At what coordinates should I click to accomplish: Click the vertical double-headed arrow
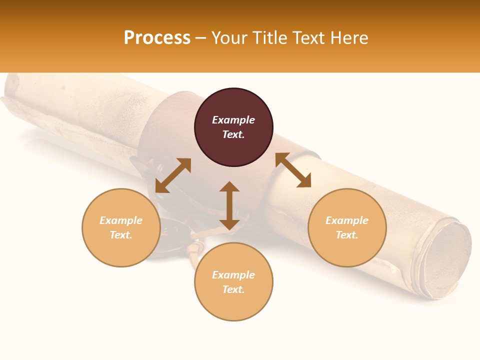[x=229, y=205]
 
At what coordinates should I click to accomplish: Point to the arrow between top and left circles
[x=173, y=175]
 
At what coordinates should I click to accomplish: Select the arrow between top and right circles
[x=293, y=170]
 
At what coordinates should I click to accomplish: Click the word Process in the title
[x=157, y=38]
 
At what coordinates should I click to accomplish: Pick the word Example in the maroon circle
[x=233, y=120]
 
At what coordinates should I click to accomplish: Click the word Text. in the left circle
[x=121, y=235]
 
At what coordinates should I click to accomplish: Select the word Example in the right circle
[x=347, y=220]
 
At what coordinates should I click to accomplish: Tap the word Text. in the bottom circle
[x=233, y=289]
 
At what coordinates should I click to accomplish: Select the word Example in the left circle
[x=121, y=220]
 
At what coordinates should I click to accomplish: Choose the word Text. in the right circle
[x=347, y=235]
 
